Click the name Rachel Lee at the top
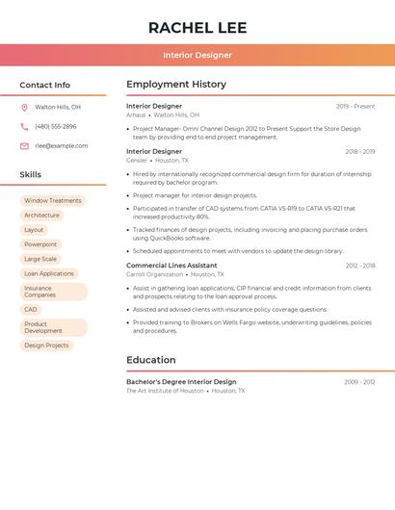197,28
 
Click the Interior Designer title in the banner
197,55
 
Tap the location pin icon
24,107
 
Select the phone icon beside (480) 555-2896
24,126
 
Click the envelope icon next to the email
24,145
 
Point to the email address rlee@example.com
61,145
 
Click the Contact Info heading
44,85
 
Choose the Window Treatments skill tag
53,201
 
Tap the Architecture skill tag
41,216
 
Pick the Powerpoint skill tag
40,244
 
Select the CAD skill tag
31,309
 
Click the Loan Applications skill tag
49,273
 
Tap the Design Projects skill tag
46,344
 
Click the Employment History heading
176,85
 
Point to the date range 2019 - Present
355,106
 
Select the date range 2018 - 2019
359,151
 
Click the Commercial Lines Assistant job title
171,265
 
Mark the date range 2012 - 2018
359,265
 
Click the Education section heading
151,360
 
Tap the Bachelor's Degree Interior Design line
181,382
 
